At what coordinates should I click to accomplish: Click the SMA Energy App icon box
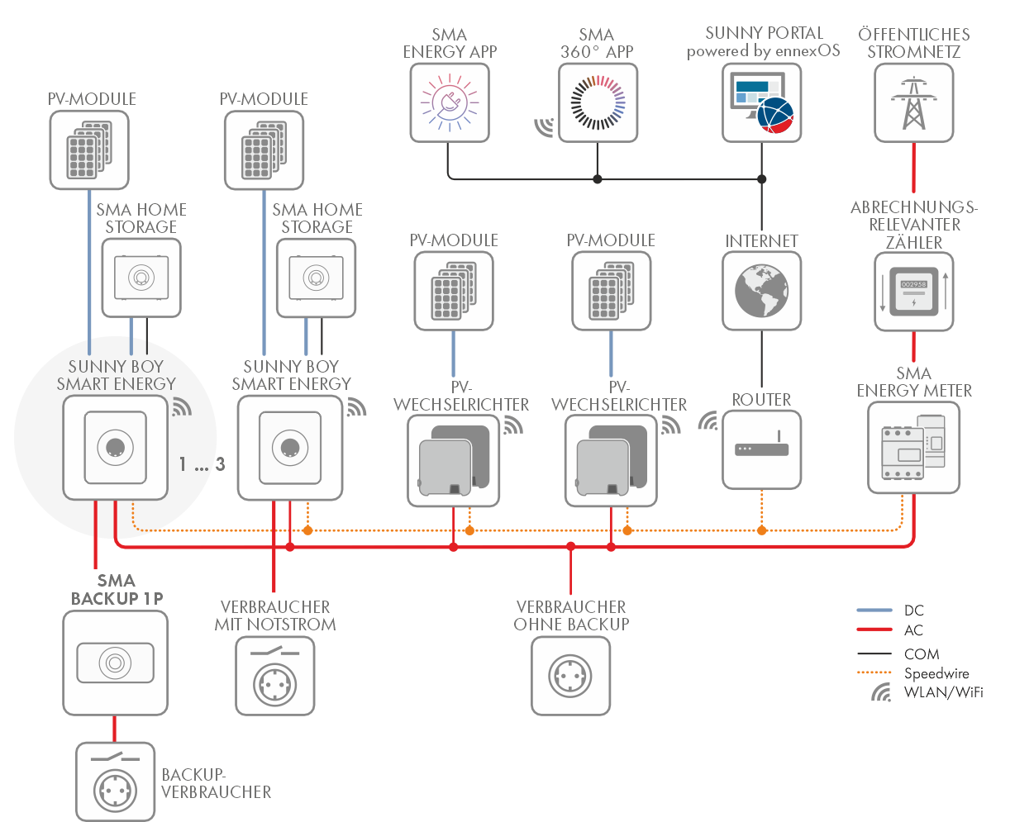450,103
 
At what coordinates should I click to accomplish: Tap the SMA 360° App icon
598,103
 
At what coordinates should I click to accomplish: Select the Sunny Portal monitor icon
761,103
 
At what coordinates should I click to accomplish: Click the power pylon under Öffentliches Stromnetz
913,103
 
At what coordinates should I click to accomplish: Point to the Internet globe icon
761,291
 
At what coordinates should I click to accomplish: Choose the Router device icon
761,449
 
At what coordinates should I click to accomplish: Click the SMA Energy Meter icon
913,448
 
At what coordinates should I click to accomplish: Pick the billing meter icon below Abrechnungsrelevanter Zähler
913,292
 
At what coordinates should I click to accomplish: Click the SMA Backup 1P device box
115,663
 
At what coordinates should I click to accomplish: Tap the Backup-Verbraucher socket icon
115,782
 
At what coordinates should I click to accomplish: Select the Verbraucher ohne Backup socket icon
570,676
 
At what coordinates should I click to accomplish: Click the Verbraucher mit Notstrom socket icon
275,676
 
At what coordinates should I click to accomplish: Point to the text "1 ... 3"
202,464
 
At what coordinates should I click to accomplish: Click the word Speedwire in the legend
936,673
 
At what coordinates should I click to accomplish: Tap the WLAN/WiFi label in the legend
943,692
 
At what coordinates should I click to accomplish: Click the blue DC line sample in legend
874,611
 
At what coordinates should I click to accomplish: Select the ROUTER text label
761,400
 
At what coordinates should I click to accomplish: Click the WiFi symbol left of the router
708,421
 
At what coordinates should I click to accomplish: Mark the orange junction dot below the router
761,530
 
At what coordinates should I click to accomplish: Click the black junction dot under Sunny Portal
761,178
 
